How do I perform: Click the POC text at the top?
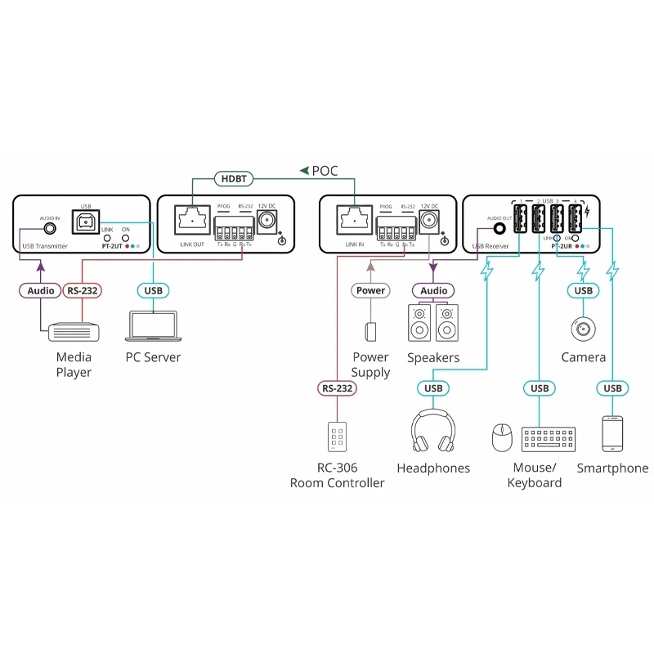tap(325, 171)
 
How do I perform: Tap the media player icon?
tap(74, 331)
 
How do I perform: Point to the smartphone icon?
tap(612, 433)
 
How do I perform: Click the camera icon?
tap(583, 328)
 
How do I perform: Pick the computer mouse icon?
tap(501, 437)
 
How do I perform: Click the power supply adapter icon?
tap(370, 331)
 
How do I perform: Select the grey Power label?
tap(370, 290)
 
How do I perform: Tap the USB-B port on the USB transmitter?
tap(86, 221)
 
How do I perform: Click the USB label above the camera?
tap(583, 290)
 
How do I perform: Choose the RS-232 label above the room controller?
tap(337, 388)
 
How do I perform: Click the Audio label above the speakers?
tap(433, 290)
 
